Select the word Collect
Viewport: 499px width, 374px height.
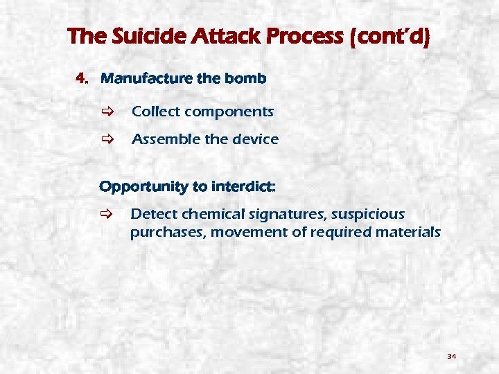pyautogui.click(x=156, y=112)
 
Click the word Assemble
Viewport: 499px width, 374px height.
pyautogui.click(x=166, y=139)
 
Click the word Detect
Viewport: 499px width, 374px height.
pyautogui.click(x=154, y=214)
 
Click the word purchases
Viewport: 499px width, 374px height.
pyautogui.click(x=166, y=233)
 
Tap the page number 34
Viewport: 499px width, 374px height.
pyautogui.click(x=451, y=356)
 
